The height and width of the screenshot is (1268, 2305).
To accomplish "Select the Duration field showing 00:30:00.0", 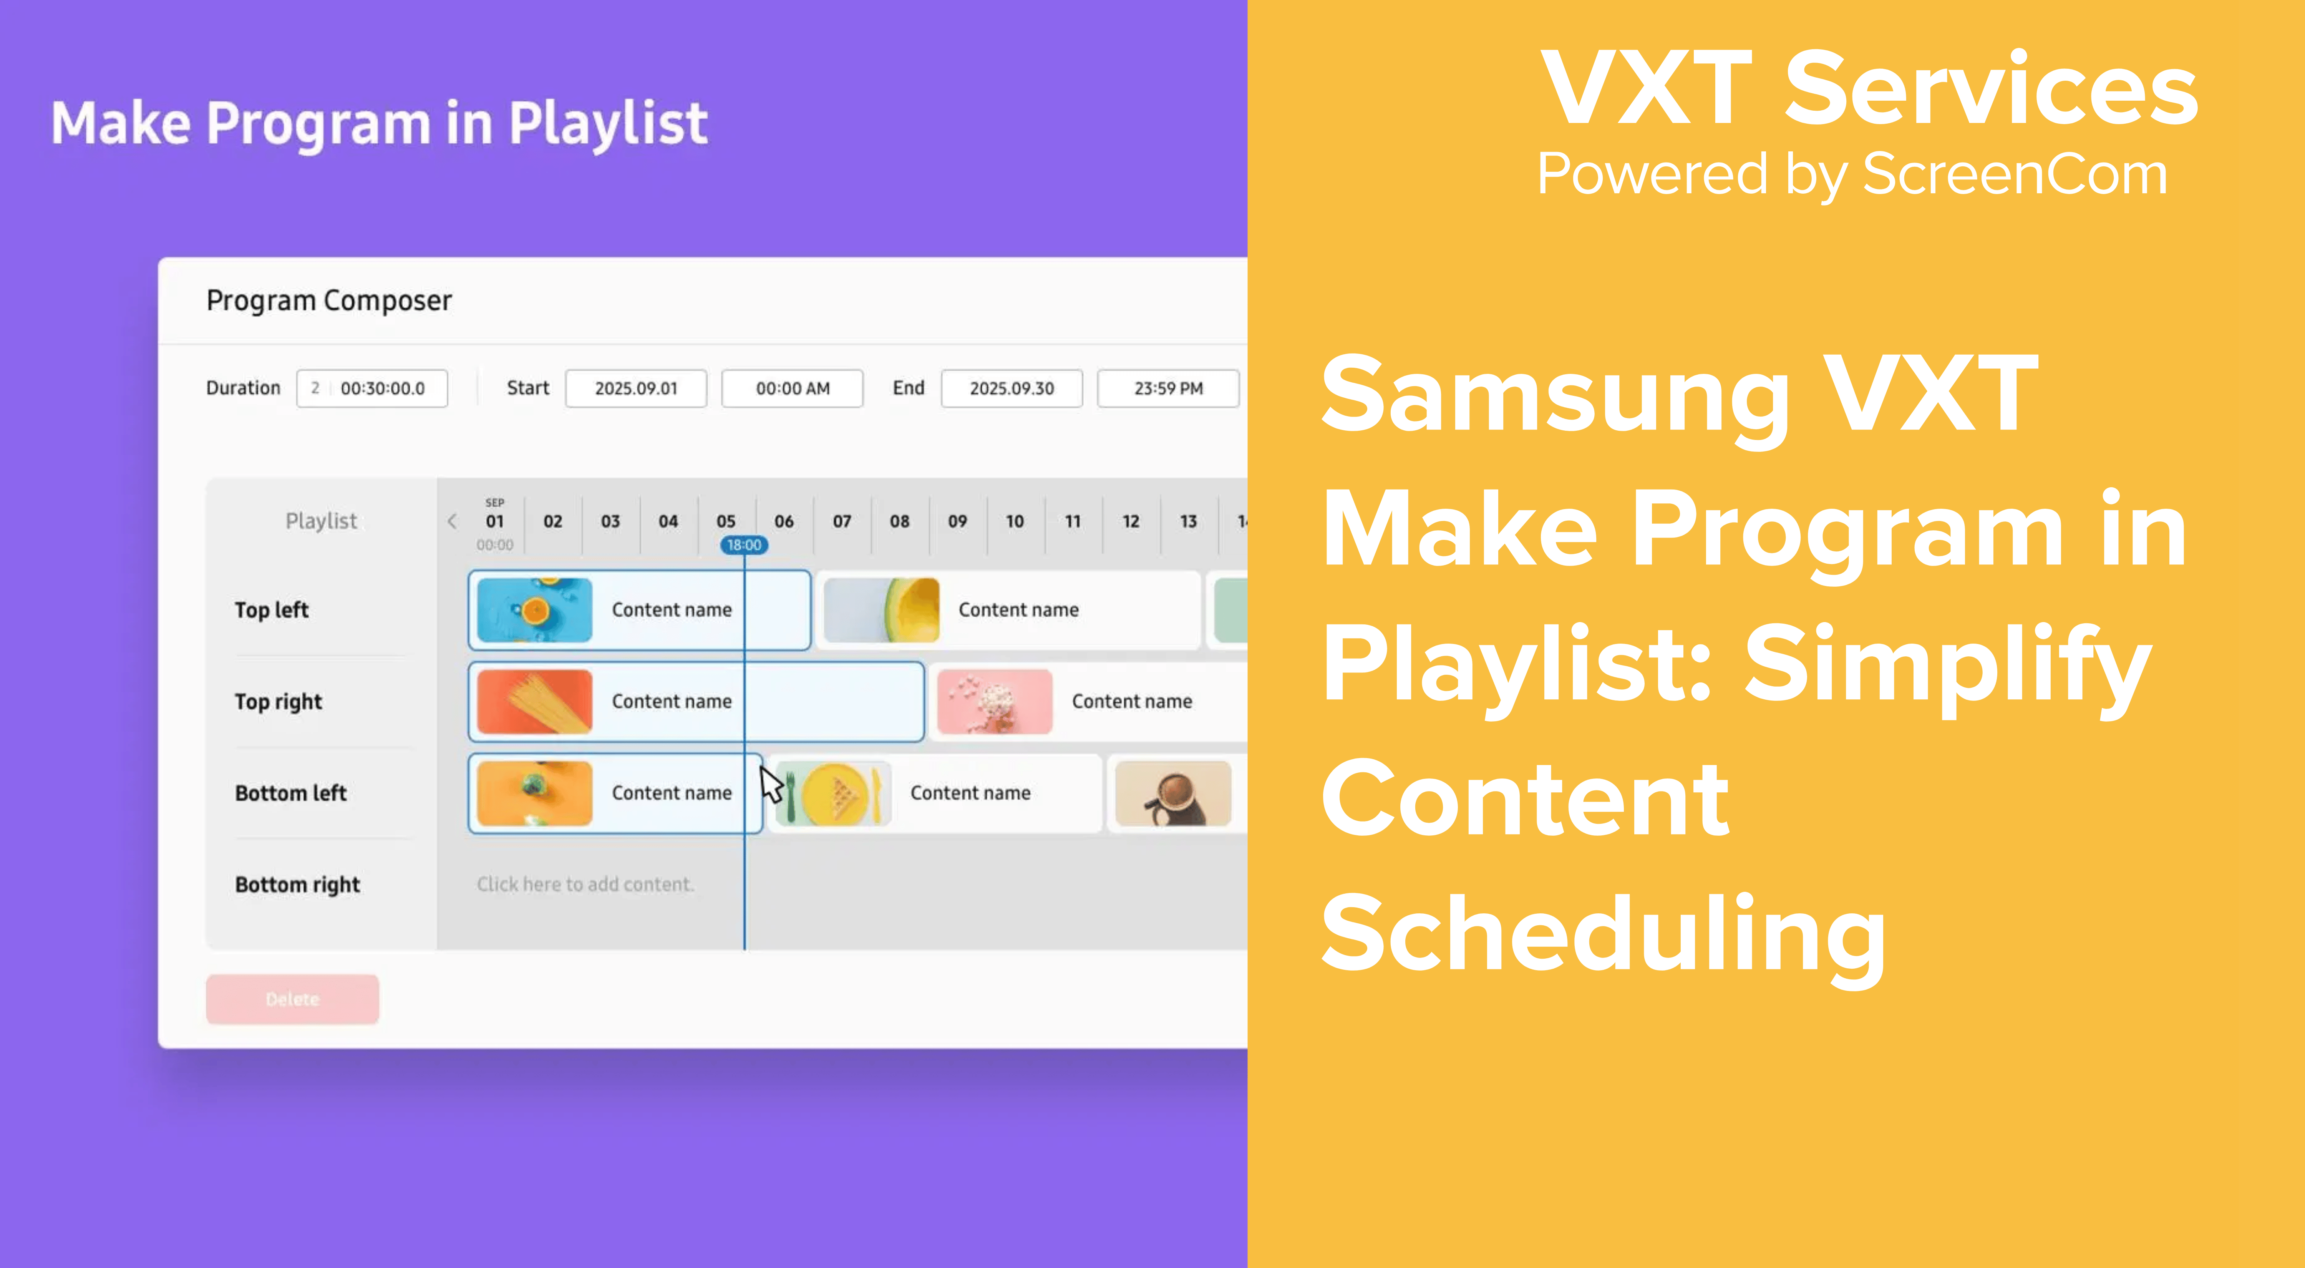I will tap(372, 388).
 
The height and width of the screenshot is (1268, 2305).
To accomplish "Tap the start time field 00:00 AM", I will tap(792, 388).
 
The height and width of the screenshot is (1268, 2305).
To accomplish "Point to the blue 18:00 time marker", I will tap(744, 545).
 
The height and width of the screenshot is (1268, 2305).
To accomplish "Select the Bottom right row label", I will tap(297, 885).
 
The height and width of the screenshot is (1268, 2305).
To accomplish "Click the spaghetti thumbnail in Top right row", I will tap(534, 702).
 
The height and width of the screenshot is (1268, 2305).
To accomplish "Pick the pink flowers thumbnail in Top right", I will tap(994, 702).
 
